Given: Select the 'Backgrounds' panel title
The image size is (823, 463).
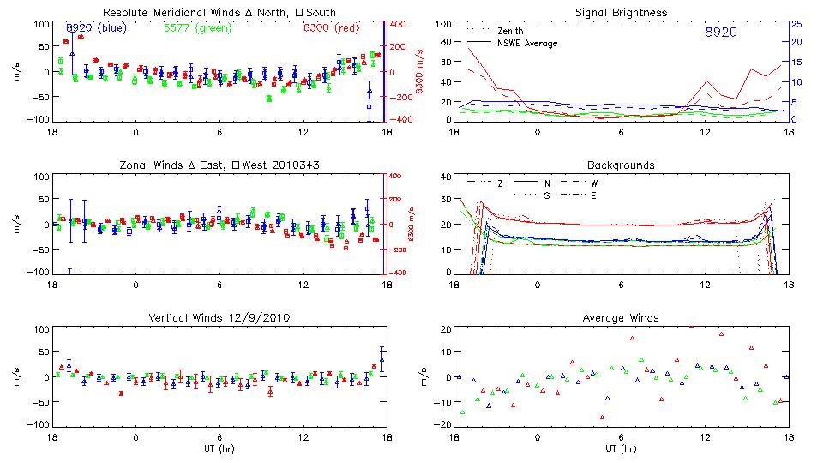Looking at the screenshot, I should tap(621, 165).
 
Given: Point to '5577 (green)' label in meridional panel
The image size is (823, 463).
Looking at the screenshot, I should tap(194, 28).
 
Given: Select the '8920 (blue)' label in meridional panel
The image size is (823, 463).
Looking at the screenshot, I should tap(96, 28).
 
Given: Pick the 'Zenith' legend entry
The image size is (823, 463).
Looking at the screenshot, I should tap(511, 31).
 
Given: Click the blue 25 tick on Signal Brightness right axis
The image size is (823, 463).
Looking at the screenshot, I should tap(796, 24).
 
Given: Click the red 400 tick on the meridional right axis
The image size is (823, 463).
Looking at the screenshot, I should tap(399, 24).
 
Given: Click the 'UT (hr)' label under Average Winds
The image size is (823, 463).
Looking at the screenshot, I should tap(621, 448).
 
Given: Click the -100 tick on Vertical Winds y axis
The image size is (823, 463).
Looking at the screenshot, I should tap(38, 424).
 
